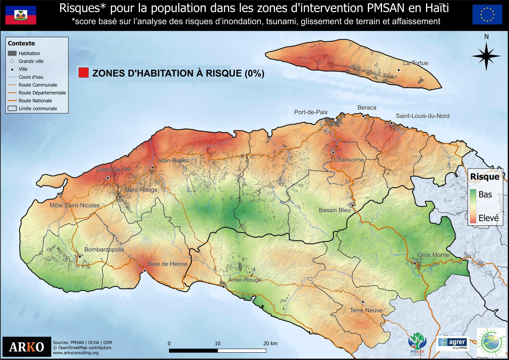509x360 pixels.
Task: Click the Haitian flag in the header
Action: pos(21,15)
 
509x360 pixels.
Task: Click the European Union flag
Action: pos(487,15)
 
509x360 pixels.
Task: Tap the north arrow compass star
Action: pos(486,56)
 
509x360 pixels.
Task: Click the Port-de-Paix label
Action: pos(311,112)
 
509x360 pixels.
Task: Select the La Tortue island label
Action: pos(415,63)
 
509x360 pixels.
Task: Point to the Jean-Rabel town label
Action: pos(172,160)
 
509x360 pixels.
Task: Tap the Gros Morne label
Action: pos(433,255)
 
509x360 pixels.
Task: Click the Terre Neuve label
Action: pos(366,310)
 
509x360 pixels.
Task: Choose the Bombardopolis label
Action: pos(104,250)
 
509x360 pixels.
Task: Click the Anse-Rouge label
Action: pos(245,280)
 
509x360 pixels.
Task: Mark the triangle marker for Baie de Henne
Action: pos(145,270)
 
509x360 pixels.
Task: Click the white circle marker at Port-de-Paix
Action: pos(335,120)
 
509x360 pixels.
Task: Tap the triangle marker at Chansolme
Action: pos(333,152)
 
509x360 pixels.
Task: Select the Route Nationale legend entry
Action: pos(35,101)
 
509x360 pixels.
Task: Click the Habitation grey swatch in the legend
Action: pos(12,53)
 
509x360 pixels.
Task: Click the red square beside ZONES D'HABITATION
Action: pos(83,73)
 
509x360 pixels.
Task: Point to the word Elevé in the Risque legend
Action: pos(488,218)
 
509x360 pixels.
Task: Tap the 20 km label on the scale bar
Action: pos(270,343)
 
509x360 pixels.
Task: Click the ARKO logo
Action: pos(27,347)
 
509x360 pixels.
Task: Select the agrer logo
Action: pos(453,343)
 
